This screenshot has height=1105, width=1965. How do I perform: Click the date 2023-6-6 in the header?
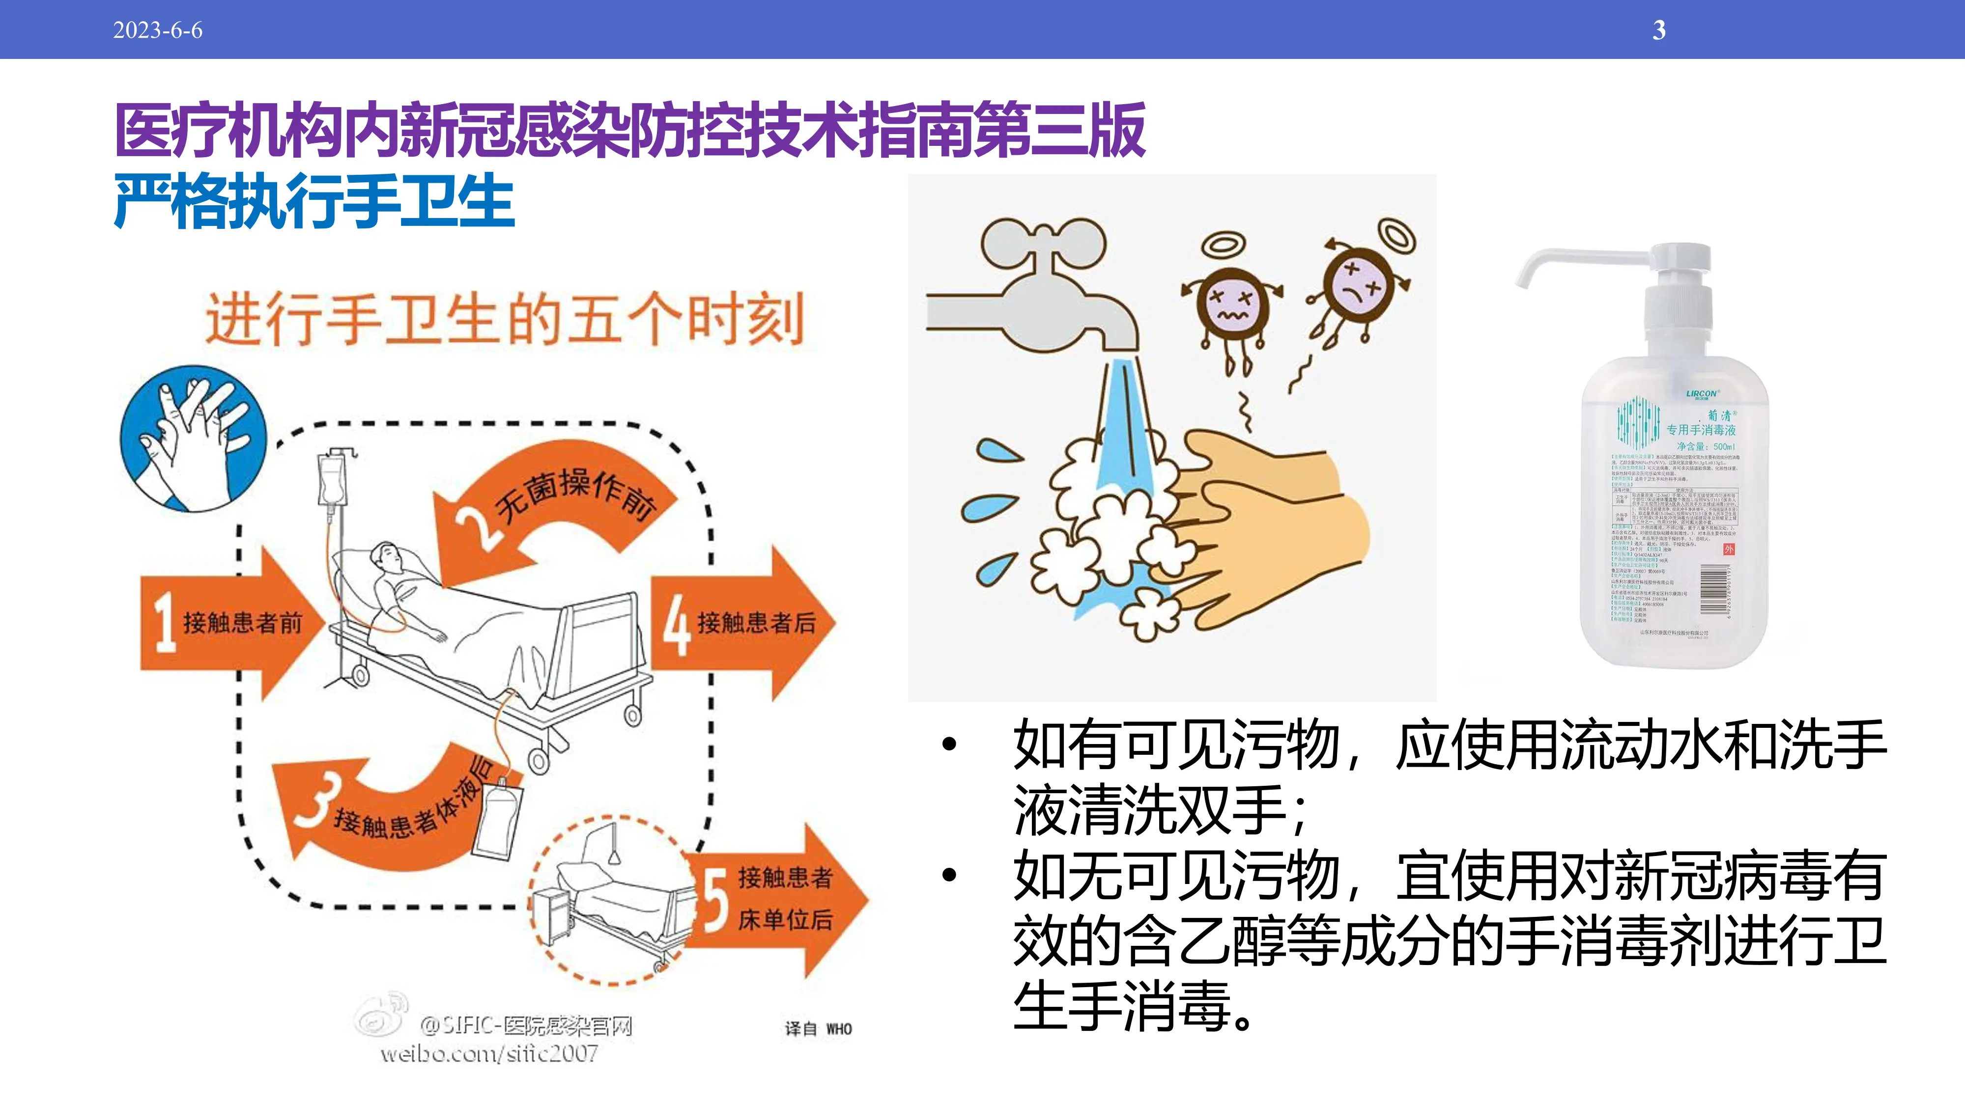[x=158, y=30]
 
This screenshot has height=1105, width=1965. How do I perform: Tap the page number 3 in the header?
[x=1658, y=30]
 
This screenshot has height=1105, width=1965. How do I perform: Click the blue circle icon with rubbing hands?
[x=194, y=439]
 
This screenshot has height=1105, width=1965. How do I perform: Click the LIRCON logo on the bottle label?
[x=1701, y=394]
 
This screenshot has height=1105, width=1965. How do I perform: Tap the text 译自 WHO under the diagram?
[x=818, y=1029]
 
